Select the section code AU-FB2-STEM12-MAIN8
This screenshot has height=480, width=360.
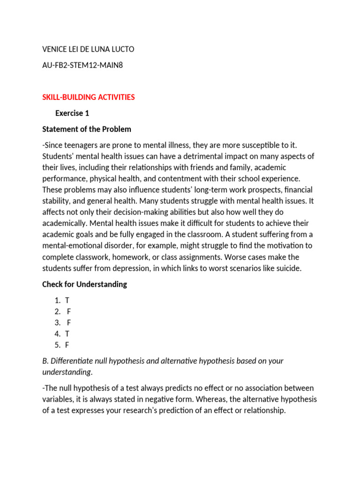point(82,65)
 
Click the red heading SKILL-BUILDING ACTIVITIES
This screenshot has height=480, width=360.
point(89,97)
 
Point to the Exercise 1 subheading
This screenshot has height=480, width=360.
point(72,113)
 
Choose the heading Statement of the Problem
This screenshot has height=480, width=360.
point(87,129)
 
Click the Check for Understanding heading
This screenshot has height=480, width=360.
point(84,284)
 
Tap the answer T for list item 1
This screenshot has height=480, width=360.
point(67,300)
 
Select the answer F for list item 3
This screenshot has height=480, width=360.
point(69,322)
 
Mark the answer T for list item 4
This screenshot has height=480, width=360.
point(67,334)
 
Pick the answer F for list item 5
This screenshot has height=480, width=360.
point(67,345)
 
